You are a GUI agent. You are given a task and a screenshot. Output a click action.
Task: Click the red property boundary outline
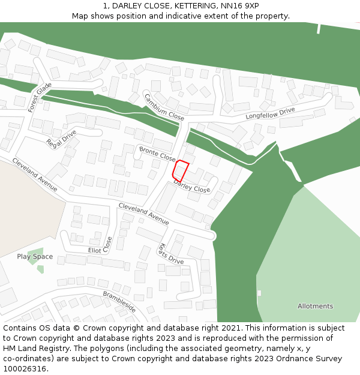(181, 171)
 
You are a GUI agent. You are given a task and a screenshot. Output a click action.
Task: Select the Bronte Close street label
(157, 154)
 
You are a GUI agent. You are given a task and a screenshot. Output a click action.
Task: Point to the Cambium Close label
(164, 107)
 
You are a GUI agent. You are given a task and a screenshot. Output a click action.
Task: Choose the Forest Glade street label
(40, 97)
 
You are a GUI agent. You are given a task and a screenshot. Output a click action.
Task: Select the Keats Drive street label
(169, 254)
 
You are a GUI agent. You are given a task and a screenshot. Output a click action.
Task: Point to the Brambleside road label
(119, 302)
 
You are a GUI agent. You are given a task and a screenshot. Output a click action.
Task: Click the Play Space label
(35, 257)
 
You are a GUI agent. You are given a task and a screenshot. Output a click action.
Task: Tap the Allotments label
(315, 306)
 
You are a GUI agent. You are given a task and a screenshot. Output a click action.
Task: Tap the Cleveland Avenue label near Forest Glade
(35, 175)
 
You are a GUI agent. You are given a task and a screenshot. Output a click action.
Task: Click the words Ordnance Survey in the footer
(313, 359)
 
